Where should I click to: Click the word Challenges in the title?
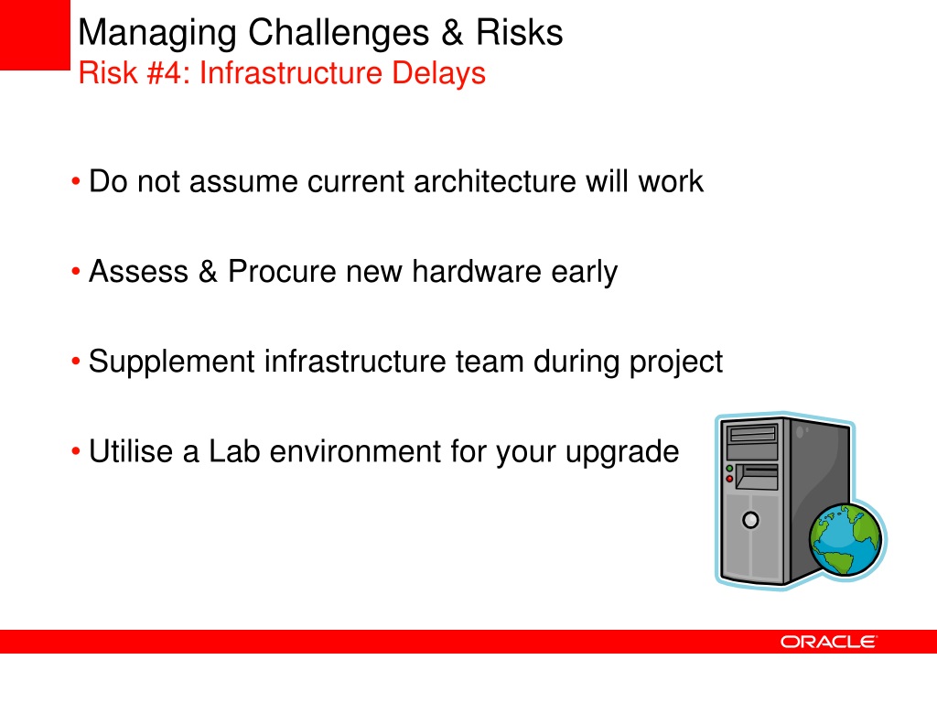point(339,34)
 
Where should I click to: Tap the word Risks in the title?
point(520,32)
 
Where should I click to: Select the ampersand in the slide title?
point(452,32)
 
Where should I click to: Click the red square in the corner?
point(35,35)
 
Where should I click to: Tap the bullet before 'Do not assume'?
point(75,181)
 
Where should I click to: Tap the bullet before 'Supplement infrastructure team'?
point(75,361)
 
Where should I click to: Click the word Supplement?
point(171,362)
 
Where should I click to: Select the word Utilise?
point(131,451)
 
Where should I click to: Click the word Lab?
point(234,451)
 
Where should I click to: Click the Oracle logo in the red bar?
point(828,642)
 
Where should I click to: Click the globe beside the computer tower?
point(845,539)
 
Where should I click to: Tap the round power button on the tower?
point(750,520)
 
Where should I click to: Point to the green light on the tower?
point(729,469)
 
